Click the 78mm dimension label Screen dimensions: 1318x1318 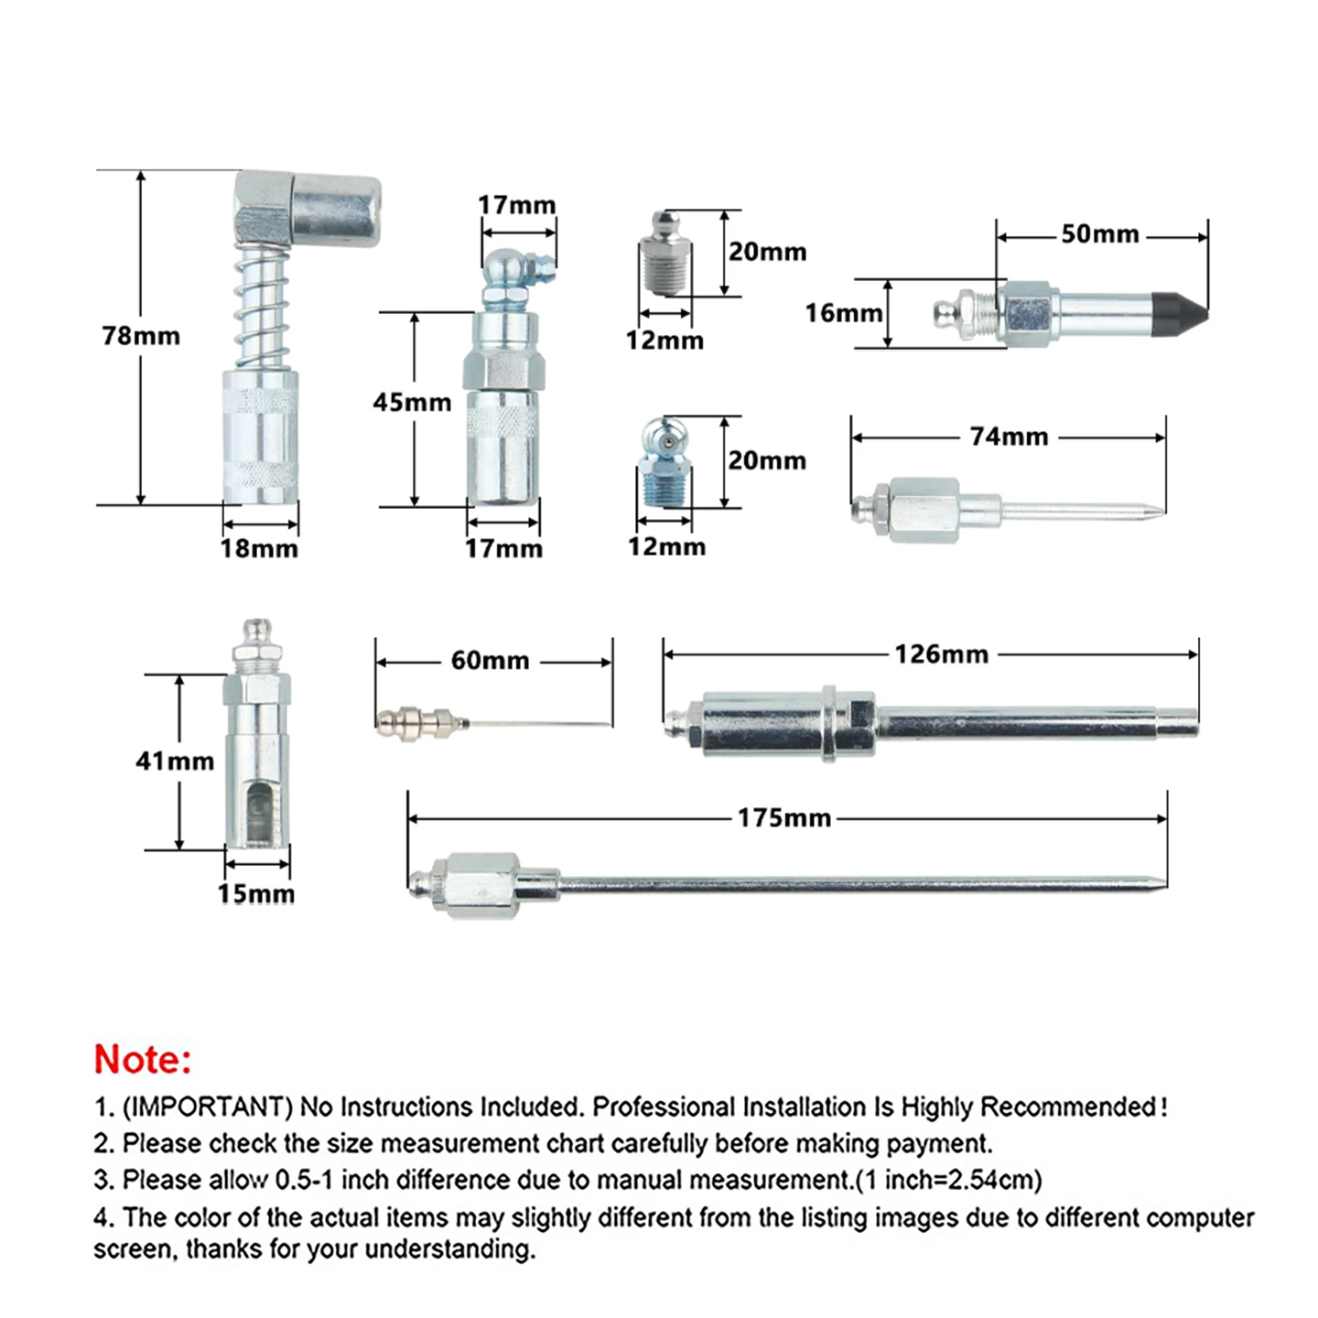coord(141,336)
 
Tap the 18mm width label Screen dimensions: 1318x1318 coord(259,549)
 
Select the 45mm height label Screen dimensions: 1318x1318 coord(412,402)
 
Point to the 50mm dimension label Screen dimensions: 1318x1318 coord(1100,234)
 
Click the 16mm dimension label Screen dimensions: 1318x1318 coord(844,313)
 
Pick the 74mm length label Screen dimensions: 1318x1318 coord(1009,437)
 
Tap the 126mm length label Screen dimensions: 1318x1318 coord(941,654)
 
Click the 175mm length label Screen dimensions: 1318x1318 coord(784,818)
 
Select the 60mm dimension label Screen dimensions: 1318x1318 coord(490,661)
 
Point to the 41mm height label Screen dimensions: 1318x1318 coord(175,761)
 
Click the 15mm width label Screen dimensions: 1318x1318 coord(256,894)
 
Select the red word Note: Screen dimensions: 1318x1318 coord(143,1060)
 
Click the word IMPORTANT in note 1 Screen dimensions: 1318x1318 coord(207,1107)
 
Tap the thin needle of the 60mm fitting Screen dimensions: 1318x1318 coord(540,725)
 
